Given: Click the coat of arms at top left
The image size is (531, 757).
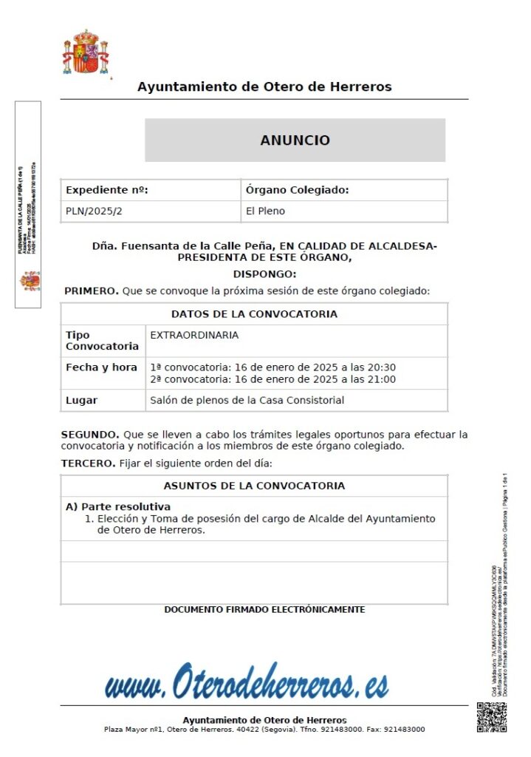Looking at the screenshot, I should pyautogui.click(x=85, y=52).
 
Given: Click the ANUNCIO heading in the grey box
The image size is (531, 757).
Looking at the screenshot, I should pyautogui.click(x=295, y=140).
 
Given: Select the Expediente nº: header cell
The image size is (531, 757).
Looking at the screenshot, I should pyautogui.click(x=107, y=190).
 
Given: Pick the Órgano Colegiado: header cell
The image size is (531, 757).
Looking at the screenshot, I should pyautogui.click(x=297, y=190).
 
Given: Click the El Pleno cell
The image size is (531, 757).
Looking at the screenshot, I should pyautogui.click(x=265, y=211).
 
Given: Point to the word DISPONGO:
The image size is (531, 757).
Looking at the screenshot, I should pyautogui.click(x=264, y=274).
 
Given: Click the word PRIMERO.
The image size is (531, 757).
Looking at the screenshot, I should pyautogui.click(x=91, y=291).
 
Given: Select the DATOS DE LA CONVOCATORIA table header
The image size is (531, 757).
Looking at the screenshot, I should pyautogui.click(x=254, y=314).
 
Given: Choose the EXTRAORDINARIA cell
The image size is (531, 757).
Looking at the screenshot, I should pyautogui.click(x=194, y=335).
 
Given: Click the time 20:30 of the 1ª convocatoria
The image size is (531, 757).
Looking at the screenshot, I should pyautogui.click(x=382, y=367).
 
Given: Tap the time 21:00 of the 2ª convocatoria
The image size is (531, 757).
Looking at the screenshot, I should pyautogui.click(x=382, y=380).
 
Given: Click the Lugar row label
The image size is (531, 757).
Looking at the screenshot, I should pyautogui.click(x=81, y=401).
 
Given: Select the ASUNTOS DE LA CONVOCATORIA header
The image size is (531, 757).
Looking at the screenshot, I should pyautogui.click(x=254, y=486).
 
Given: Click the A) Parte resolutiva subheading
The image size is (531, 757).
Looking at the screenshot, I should pyautogui.click(x=118, y=506).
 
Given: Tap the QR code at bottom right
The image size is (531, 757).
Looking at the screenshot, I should pyautogui.click(x=492, y=716).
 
